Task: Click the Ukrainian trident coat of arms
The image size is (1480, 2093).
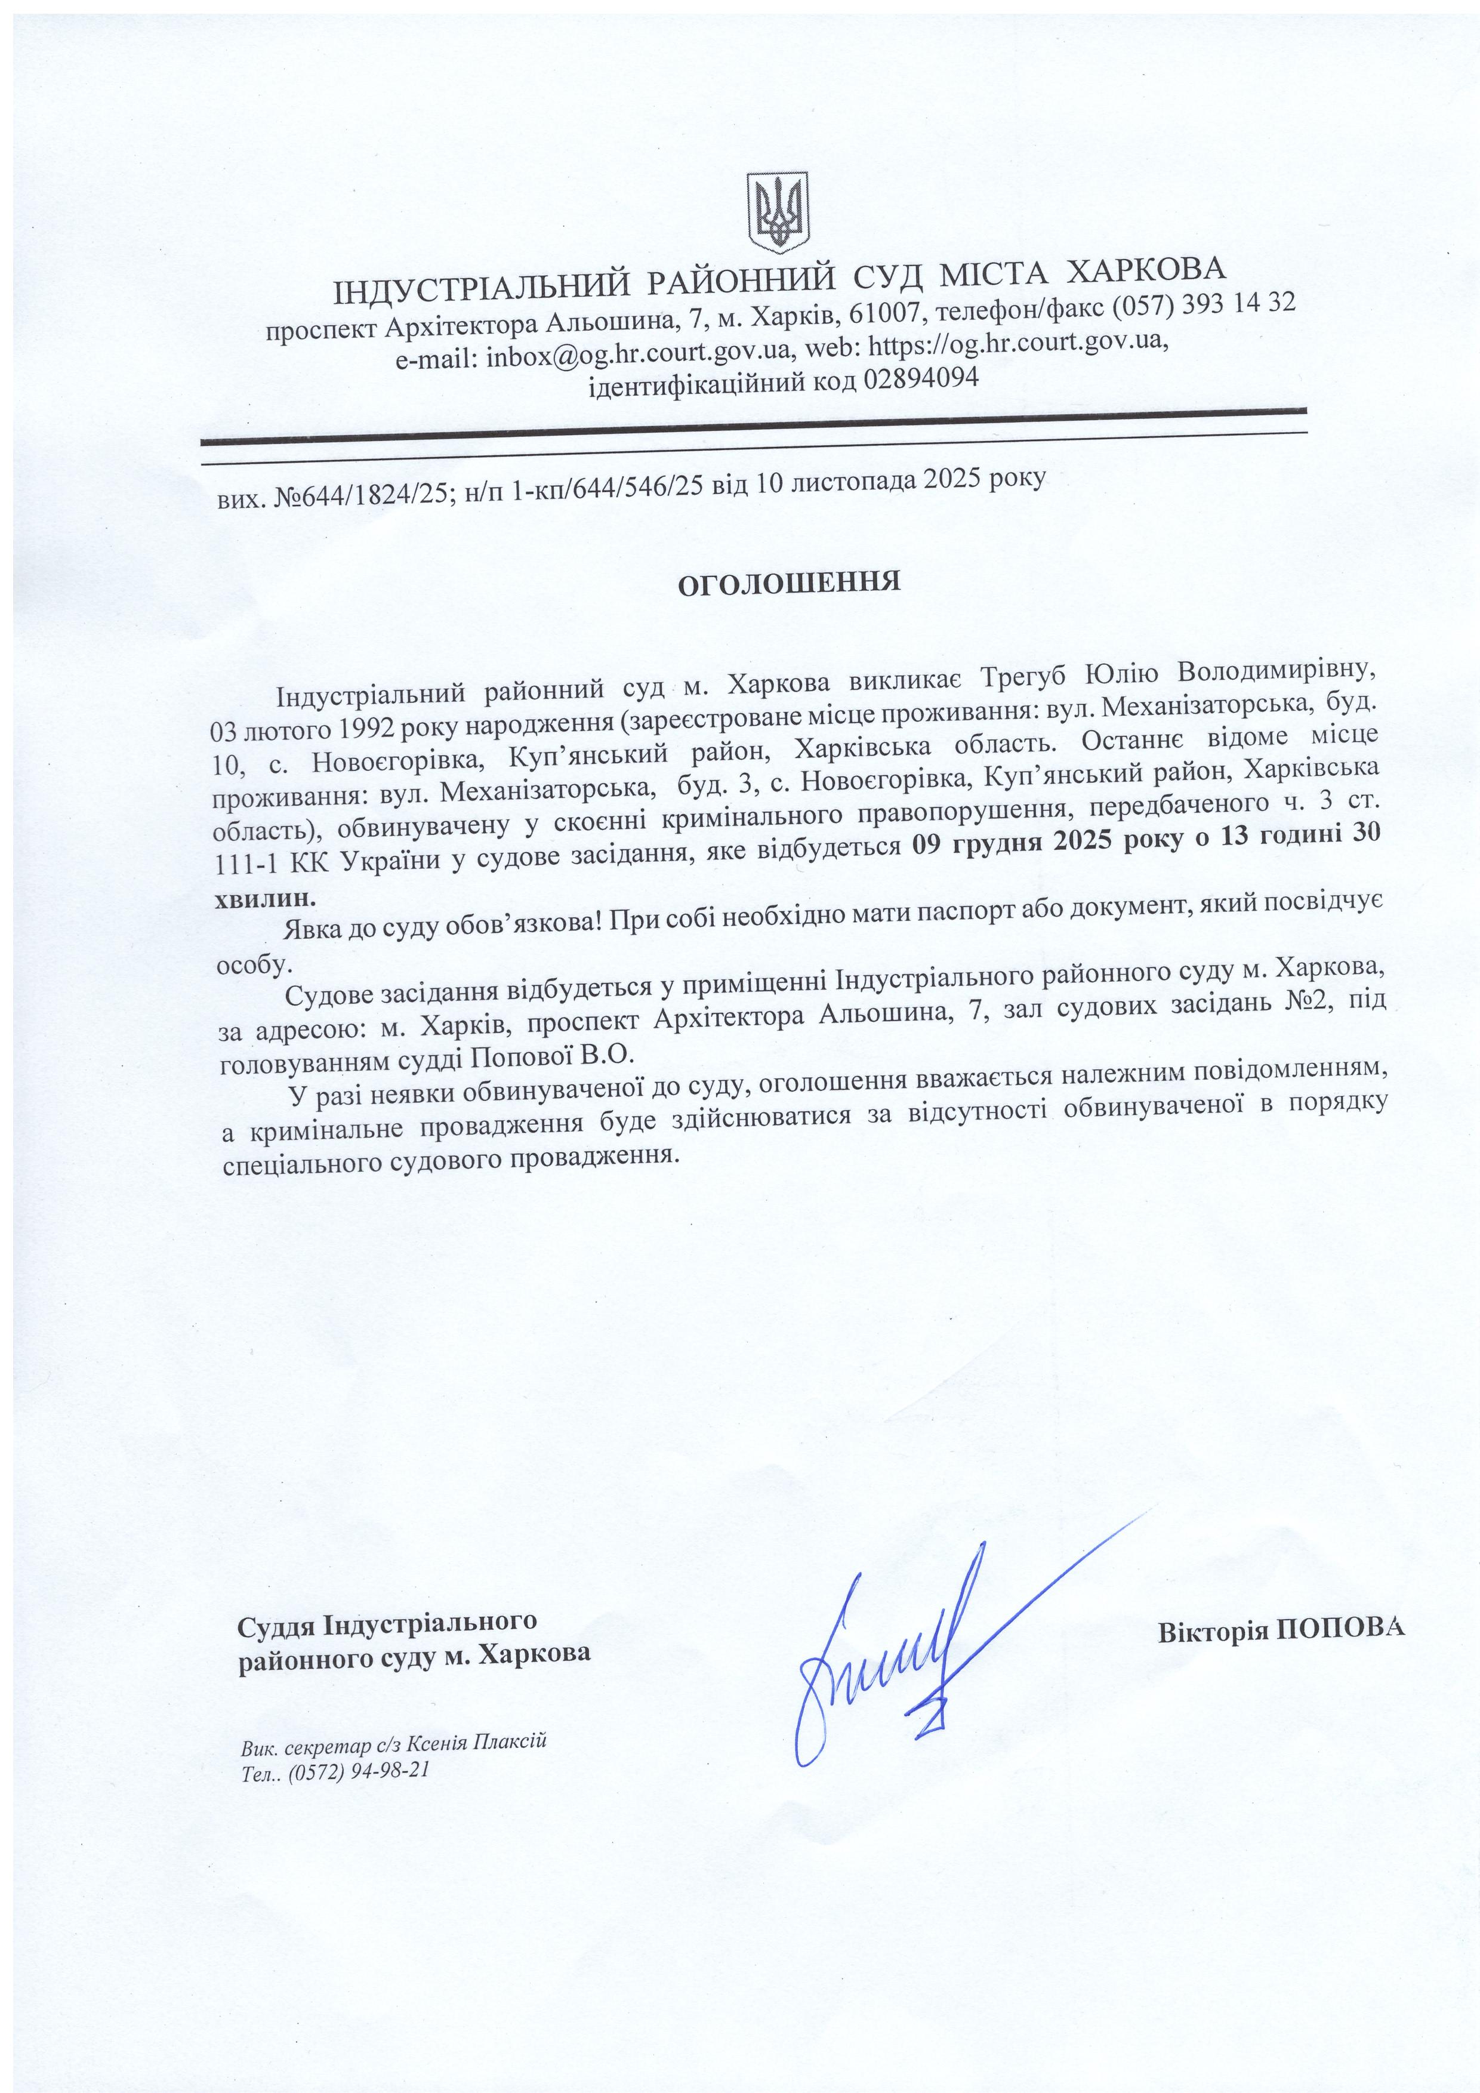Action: coord(778,212)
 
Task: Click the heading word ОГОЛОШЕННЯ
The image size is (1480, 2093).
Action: coord(789,582)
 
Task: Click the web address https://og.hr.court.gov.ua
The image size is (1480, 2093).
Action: coord(1016,344)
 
